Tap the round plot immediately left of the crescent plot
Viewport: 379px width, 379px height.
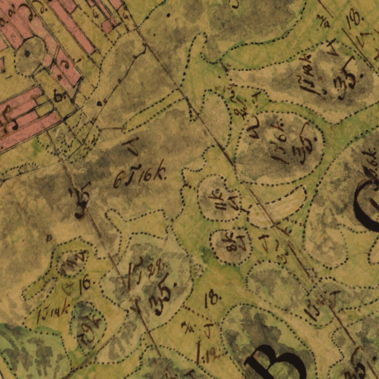pos(219,198)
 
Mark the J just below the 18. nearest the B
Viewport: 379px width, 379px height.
pos(208,330)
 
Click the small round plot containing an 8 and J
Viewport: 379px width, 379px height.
pos(231,245)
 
